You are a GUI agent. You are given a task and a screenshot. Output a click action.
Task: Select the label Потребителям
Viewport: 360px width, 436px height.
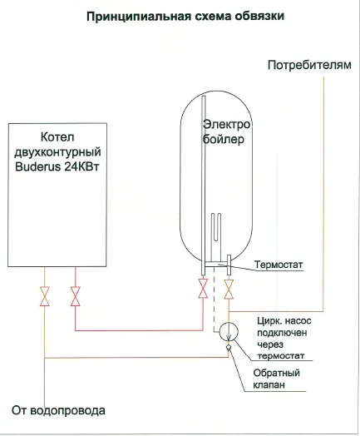[309, 65]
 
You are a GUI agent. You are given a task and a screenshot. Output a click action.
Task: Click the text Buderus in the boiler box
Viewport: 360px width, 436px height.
[37, 166]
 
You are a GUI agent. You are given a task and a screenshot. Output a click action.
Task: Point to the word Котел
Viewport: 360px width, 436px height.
[57, 136]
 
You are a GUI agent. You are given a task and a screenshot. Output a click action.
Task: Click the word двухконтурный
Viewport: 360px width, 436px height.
[57, 152]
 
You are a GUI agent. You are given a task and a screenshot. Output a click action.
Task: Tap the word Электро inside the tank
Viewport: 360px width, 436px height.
[226, 124]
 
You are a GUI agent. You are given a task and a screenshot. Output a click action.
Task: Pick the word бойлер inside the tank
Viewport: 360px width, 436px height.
[224, 139]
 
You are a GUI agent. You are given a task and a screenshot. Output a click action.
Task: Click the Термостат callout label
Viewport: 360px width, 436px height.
[279, 265]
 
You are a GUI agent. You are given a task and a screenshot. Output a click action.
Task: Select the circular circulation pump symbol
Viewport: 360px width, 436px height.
[229, 331]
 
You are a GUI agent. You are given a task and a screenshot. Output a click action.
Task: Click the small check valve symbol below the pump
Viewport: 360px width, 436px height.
[229, 347]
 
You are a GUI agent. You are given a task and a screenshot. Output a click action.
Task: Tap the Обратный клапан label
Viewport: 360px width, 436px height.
[276, 379]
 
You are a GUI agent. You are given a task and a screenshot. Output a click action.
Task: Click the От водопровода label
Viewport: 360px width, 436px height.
[58, 411]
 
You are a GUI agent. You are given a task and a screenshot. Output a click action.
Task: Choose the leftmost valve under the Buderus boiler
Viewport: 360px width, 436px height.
[44, 296]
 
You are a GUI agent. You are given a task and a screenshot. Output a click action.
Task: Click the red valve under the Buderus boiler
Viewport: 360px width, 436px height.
[76, 296]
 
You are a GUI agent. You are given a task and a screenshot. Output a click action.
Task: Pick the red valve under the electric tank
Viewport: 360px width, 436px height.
[203, 289]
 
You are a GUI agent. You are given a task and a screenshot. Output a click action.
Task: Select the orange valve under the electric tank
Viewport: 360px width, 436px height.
[229, 290]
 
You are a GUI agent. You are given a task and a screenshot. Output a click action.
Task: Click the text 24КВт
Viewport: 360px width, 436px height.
[82, 166]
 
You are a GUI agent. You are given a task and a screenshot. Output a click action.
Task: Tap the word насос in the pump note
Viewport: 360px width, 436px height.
[298, 321]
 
